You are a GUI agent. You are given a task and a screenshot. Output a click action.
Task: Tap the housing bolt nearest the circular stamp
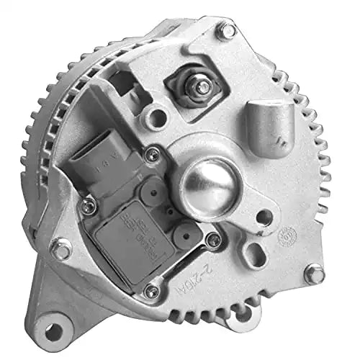(314, 274)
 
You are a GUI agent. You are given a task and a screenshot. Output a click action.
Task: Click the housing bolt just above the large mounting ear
(62, 251)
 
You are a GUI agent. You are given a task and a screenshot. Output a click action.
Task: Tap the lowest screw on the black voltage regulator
(151, 292)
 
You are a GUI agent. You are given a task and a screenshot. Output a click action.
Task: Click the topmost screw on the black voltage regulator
(151, 153)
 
